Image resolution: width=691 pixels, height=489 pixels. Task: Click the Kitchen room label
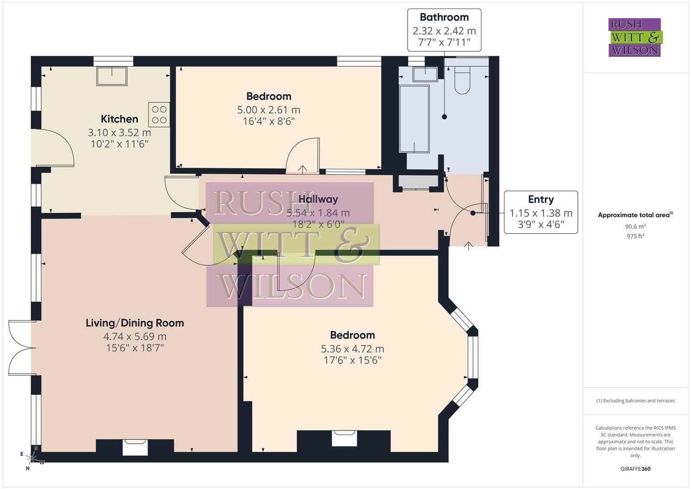pyautogui.click(x=119, y=119)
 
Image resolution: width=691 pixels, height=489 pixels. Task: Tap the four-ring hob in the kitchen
pyautogui.click(x=159, y=115)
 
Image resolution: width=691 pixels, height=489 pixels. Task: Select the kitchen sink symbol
pyautogui.click(x=112, y=76)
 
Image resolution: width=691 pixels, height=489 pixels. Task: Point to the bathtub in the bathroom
pyautogui.click(x=414, y=119)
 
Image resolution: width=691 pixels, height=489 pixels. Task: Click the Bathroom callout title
pyautogui.click(x=444, y=17)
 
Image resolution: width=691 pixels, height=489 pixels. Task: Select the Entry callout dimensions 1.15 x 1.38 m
pyautogui.click(x=541, y=213)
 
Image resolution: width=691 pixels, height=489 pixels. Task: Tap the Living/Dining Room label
pyautogui.click(x=135, y=323)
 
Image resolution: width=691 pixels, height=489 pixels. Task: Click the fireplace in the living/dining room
pyautogui.click(x=135, y=447)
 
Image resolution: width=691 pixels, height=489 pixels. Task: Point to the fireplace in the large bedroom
pyautogui.click(x=344, y=438)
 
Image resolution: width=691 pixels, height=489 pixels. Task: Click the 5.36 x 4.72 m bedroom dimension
pyautogui.click(x=353, y=349)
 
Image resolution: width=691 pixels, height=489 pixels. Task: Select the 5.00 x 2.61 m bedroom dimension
pyautogui.click(x=269, y=110)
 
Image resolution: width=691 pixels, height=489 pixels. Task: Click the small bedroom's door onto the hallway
pyautogui.click(x=303, y=156)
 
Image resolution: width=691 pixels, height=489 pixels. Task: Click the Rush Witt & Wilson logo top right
pyautogui.click(x=634, y=37)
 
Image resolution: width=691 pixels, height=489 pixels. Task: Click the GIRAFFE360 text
pyautogui.click(x=635, y=469)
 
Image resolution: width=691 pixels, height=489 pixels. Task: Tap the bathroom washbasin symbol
pyautogui.click(x=425, y=74)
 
